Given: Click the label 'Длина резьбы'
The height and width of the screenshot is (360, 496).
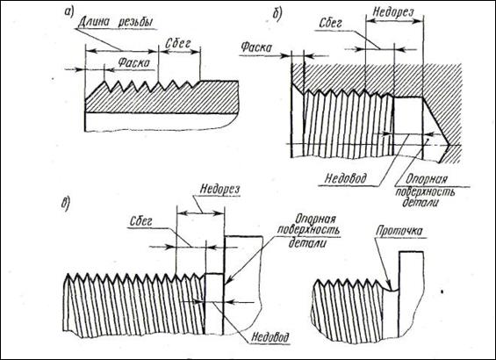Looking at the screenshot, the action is coord(116,23).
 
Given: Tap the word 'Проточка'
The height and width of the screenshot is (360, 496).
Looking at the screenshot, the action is coord(399,232).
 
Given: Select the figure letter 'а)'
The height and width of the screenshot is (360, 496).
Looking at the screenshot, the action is coord(68,11).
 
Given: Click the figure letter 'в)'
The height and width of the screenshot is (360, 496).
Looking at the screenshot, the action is coord(66,205).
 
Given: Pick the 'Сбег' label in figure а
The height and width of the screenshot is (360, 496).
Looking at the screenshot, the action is coord(177,44).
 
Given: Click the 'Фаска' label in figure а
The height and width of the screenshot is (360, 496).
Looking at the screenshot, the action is coord(133,62).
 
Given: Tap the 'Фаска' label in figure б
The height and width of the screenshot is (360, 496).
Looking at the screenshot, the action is coord(256,47).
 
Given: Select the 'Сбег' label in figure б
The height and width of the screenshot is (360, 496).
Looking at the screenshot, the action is coord(331,23).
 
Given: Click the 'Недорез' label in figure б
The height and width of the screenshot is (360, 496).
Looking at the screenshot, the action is coord(393,12).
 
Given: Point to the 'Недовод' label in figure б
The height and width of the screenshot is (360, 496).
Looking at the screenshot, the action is coord(345,178).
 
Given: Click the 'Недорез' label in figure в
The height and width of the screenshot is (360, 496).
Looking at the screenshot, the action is coord(219,190).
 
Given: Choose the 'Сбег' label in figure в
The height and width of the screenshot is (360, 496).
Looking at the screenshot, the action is coord(140,221).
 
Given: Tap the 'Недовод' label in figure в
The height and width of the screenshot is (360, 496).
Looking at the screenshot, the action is coord(270,338).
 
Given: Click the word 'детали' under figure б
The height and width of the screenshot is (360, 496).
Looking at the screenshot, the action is coord(421,202).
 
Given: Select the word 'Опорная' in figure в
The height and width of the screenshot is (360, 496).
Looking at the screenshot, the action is coord(315,220).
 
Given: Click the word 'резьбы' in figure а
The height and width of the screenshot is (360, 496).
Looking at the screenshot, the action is coord(136,23).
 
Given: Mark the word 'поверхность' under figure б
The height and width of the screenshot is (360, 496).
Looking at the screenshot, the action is coord(425,191).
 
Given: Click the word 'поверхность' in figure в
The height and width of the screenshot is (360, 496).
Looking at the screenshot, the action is coord(309,230).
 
